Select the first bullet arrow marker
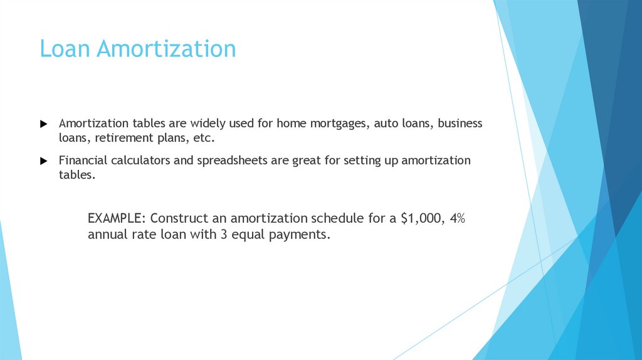[43, 124]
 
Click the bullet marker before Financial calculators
[43, 161]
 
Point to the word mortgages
[339, 124]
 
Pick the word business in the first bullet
[460, 124]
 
